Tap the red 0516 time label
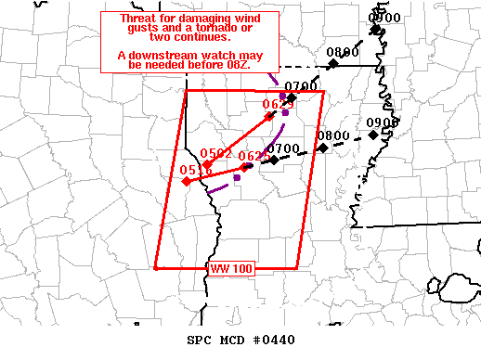pyautogui.click(x=196, y=171)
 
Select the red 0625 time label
pyautogui.click(x=278, y=105)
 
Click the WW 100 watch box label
pyautogui.click(x=225, y=268)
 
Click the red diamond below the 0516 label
pyautogui.click(x=188, y=182)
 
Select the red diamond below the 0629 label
pyautogui.click(x=244, y=168)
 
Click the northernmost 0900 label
pyautogui.click(x=384, y=17)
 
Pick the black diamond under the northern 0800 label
pyautogui.click(x=332, y=64)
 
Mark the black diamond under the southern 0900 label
pyautogui.click(x=371, y=135)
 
